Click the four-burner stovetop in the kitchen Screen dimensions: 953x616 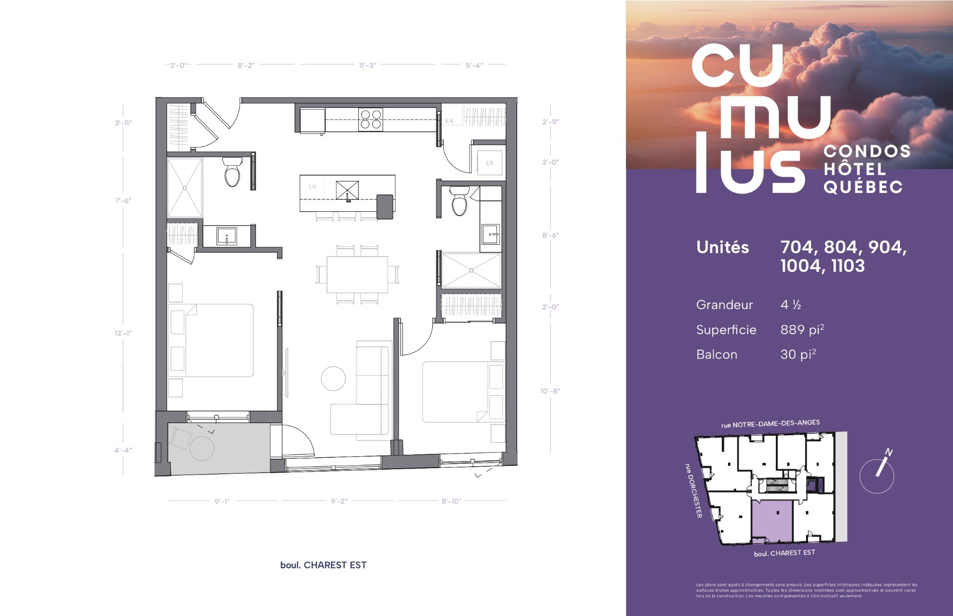(371, 120)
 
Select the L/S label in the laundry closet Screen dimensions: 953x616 (489, 163)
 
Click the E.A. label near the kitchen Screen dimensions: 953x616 (449, 121)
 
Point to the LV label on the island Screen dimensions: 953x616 (312, 186)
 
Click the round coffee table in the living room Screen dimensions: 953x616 (333, 378)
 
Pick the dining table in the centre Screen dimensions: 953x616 (357, 274)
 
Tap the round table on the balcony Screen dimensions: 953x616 (202, 448)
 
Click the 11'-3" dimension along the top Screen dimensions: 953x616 (367, 65)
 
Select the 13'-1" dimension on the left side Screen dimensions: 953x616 (123, 333)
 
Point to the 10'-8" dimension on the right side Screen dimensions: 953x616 (550, 391)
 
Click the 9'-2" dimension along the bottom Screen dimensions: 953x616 (339, 501)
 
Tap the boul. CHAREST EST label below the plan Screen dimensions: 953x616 (323, 565)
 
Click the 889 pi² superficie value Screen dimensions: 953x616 (802, 329)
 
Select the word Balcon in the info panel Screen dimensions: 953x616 (717, 355)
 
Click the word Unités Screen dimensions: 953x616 (723, 247)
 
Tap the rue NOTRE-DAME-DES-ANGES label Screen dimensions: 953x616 (770, 423)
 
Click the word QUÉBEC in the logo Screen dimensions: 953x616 (863, 186)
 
